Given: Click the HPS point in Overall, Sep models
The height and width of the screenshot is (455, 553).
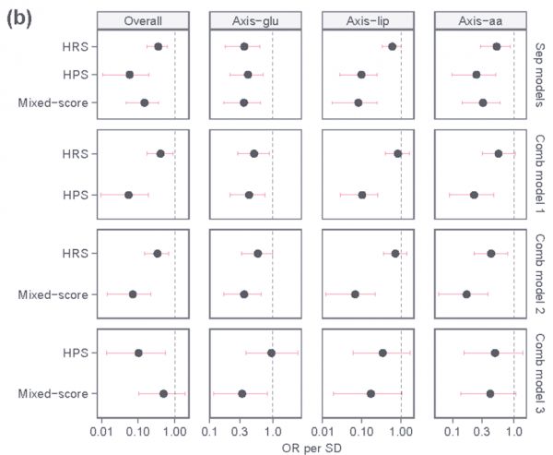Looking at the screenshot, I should click(x=130, y=75).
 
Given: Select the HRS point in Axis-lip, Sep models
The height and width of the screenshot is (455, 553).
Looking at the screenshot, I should click(x=392, y=46).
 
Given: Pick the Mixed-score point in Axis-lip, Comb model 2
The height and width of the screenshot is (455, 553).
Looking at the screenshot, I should click(x=355, y=294).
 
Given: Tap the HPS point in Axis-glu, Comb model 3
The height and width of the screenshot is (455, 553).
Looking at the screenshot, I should click(x=271, y=353).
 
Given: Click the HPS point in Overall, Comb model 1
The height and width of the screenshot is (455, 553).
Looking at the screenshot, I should click(x=129, y=195).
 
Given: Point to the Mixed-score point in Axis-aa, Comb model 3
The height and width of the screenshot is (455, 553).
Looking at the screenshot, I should click(x=490, y=394).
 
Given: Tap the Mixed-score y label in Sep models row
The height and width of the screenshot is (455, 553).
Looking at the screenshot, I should click(x=53, y=102).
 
